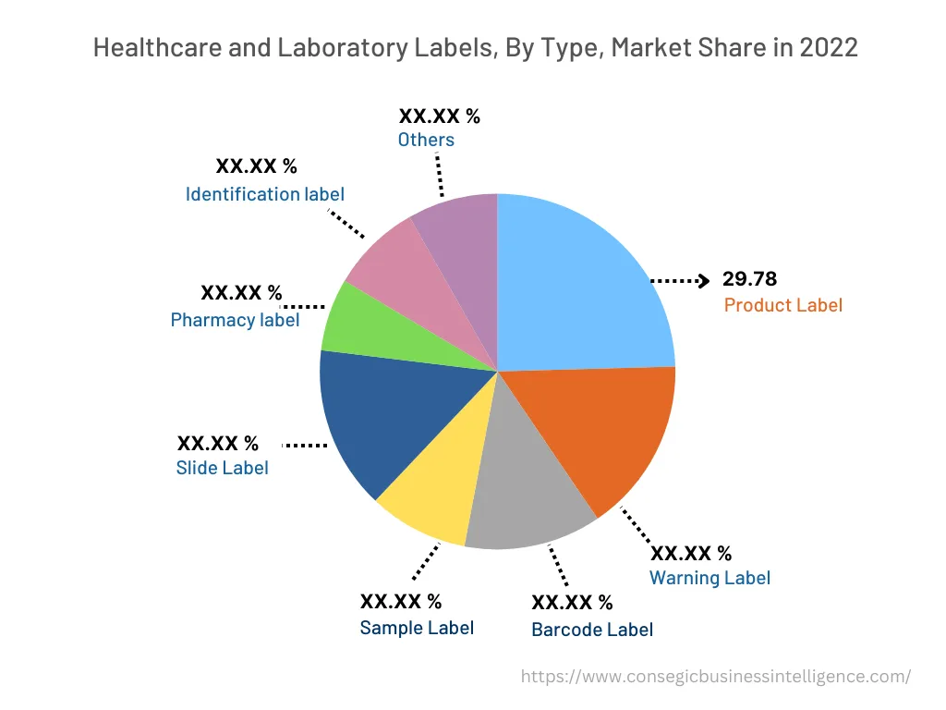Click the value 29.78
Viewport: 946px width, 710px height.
(749, 278)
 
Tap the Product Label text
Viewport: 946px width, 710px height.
(782, 305)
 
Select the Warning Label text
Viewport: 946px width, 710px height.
(709, 578)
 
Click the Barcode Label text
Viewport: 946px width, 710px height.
(591, 630)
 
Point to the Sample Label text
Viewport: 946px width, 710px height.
(417, 628)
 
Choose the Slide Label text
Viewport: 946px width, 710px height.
(222, 468)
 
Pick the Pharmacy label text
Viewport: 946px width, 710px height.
(235, 320)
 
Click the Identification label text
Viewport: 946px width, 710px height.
(264, 194)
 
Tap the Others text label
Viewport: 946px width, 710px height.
(426, 140)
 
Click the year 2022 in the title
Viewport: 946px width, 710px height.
(829, 47)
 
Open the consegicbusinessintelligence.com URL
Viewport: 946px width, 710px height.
(715, 676)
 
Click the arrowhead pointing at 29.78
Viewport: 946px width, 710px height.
(704, 279)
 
